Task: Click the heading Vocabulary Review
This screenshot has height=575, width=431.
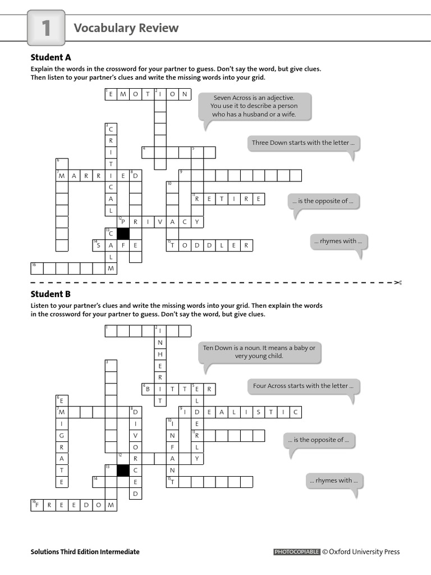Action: pyautogui.click(x=126, y=28)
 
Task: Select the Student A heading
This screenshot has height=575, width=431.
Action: pyautogui.click(x=51, y=57)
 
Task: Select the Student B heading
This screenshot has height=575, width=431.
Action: pyautogui.click(x=51, y=294)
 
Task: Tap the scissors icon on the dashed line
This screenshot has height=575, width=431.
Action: pyautogui.click(x=398, y=282)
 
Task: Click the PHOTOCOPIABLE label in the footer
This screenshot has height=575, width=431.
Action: pyautogui.click(x=297, y=552)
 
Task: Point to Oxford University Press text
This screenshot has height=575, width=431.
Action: pyautogui.click(x=364, y=552)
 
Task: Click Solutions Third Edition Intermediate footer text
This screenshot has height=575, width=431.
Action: pyautogui.click(x=85, y=552)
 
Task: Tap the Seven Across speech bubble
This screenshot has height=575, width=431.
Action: pyautogui.click(x=254, y=106)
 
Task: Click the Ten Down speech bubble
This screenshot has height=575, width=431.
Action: pyautogui.click(x=259, y=352)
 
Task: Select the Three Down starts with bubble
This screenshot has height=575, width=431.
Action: pyautogui.click(x=303, y=143)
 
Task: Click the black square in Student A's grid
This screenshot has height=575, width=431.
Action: pyautogui.click(x=123, y=234)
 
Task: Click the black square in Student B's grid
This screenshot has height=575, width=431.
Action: pyautogui.click(x=123, y=470)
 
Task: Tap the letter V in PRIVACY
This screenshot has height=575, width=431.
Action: pyautogui.click(x=159, y=222)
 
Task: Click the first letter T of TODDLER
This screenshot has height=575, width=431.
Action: pyautogui.click(x=172, y=246)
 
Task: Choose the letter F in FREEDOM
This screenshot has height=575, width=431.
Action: pyautogui.click(x=37, y=506)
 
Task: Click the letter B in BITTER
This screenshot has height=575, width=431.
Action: pyautogui.click(x=148, y=389)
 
